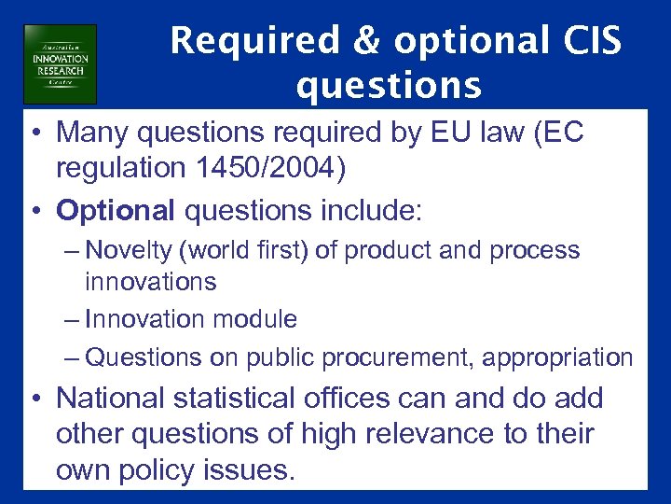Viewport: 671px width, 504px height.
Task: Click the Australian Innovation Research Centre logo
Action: [x=61, y=63]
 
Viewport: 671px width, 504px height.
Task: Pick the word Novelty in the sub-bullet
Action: [x=124, y=250]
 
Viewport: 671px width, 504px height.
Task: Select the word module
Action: [x=256, y=319]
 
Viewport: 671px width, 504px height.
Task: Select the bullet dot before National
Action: [x=37, y=399]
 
